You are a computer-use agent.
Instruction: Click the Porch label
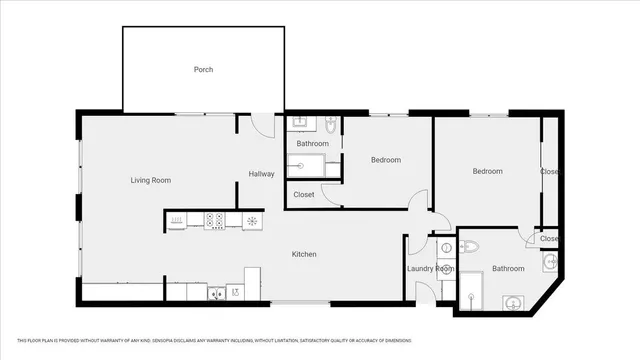(203, 70)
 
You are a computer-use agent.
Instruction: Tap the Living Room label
(151, 180)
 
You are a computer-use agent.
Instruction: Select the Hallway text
(261, 174)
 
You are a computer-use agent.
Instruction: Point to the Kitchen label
(304, 254)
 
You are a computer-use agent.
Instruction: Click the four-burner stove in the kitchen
(214, 220)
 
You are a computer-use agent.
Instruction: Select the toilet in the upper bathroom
(331, 126)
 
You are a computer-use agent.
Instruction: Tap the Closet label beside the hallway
(304, 195)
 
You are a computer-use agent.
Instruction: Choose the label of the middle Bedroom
(386, 160)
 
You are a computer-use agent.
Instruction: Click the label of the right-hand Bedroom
(488, 171)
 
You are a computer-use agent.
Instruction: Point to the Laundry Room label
(430, 269)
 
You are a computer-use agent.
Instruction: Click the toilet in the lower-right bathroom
(468, 246)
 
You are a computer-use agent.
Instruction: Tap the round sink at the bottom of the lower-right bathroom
(513, 302)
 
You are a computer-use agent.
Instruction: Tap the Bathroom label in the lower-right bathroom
(508, 268)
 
